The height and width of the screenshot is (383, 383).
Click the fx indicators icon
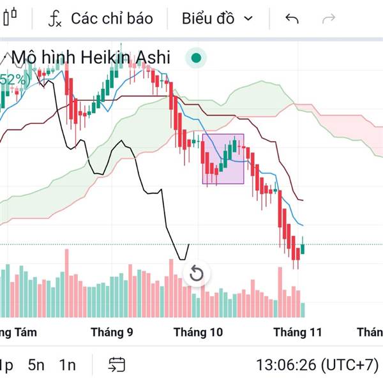55,19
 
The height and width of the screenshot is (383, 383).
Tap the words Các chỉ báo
112,19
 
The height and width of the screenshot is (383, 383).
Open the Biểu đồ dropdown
217,19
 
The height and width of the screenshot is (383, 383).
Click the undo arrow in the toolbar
292,19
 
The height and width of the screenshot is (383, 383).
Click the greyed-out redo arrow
329,19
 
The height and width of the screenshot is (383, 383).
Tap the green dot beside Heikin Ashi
197,59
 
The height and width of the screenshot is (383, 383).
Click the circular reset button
197,274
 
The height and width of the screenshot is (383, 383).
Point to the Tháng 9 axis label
112,332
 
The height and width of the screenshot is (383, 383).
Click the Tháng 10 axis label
199,332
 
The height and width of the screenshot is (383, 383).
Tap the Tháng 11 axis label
297,332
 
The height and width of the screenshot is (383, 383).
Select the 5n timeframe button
36,365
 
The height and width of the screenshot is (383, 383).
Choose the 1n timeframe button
67,365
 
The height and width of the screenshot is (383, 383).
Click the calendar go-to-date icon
117,365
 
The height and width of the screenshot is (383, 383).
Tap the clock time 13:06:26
286,365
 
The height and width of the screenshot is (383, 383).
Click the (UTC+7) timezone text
349,365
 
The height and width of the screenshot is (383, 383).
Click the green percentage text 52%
14,80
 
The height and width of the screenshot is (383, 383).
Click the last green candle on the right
303,248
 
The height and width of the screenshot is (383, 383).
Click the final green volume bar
303,310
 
